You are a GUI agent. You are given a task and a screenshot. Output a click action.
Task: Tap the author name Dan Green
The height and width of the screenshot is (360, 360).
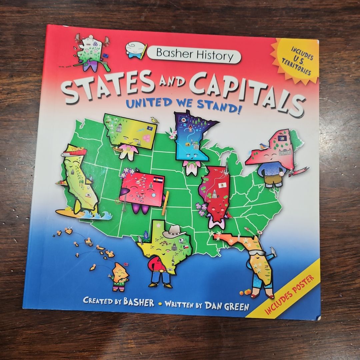[x=226, y=305]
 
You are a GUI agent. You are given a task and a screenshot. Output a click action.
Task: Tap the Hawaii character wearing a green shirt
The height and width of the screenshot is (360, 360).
[x=120, y=276]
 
